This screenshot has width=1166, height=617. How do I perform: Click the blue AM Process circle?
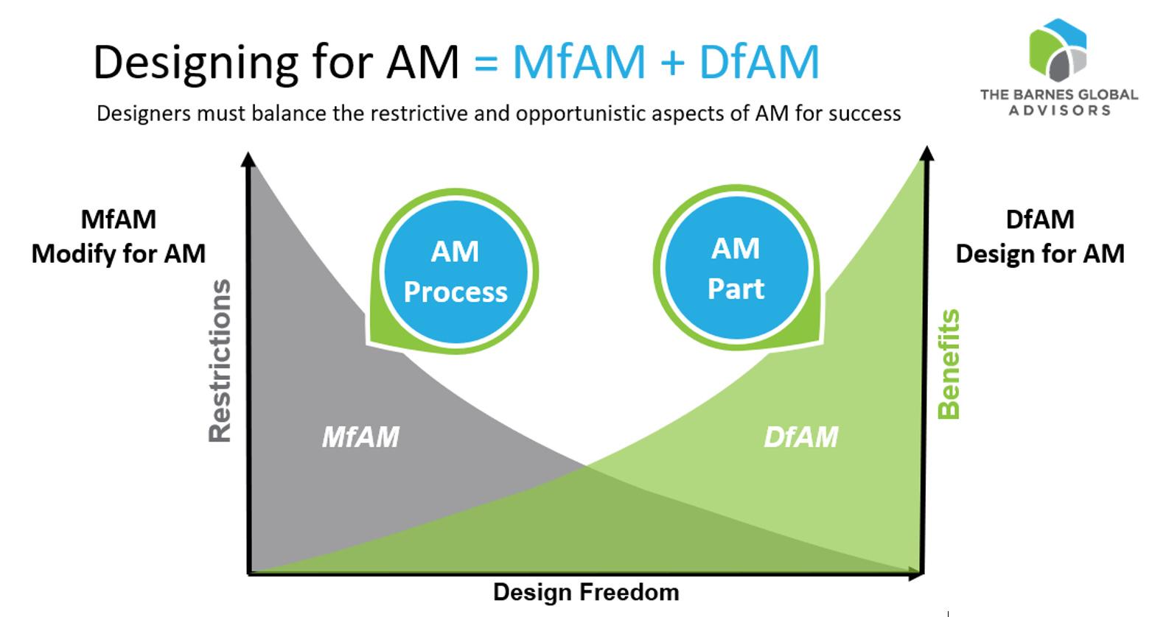(455, 272)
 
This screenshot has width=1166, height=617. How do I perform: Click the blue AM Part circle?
(736, 268)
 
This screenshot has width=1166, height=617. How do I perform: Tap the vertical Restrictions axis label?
(220, 361)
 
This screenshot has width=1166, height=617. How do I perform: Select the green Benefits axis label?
(949, 364)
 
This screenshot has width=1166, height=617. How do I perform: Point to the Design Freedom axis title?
(586, 592)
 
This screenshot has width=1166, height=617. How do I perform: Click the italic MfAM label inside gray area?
(360, 437)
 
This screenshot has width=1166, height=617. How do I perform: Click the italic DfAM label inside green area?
(801, 437)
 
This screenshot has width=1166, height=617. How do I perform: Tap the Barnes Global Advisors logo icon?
(1058, 50)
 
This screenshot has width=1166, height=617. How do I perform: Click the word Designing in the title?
(195, 63)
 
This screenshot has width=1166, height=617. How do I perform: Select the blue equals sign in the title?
(486, 64)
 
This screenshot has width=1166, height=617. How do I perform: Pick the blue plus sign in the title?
(672, 64)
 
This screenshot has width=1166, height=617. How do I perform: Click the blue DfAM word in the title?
(759, 63)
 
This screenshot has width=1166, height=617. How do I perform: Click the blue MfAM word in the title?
(579, 63)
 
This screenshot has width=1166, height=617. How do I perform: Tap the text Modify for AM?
(119, 254)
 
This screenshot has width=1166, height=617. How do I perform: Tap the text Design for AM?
(1040, 254)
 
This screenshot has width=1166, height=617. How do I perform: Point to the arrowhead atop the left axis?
(248, 159)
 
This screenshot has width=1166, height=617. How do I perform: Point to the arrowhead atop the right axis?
(927, 153)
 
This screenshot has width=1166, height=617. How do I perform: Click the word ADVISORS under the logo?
(1059, 110)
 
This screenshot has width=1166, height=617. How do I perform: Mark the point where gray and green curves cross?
(587, 465)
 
